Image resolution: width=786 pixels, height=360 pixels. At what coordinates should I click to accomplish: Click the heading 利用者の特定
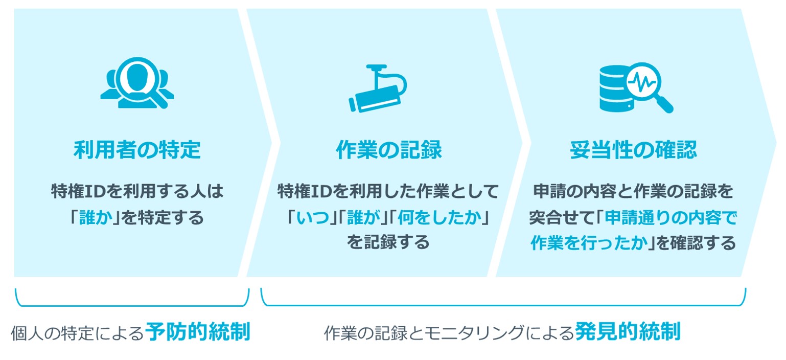point(137,150)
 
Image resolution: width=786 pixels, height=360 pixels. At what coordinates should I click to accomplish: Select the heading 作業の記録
point(389,150)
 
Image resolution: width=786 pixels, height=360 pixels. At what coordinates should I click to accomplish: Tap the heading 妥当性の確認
point(633,150)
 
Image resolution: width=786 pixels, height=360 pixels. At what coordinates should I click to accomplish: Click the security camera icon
point(378,88)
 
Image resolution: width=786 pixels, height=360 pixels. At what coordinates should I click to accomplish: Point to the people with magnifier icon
point(137,83)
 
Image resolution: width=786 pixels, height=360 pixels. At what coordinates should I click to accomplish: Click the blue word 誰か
point(96,218)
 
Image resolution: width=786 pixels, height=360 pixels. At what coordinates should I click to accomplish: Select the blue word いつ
point(313,218)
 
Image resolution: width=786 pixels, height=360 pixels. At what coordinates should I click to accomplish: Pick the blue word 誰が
point(363,218)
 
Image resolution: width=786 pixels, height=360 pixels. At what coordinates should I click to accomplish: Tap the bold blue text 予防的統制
point(198,331)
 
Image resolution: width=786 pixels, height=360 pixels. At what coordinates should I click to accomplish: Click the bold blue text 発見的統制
point(628,331)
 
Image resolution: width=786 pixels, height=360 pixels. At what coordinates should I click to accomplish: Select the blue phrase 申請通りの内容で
point(671,218)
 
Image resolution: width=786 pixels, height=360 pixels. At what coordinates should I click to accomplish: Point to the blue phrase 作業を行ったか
point(589,243)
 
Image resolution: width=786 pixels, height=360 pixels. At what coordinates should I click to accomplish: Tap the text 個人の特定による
point(78,333)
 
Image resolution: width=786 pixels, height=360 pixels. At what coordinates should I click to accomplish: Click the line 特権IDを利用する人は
point(137,191)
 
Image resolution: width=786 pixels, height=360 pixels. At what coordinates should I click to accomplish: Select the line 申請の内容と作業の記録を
point(633,191)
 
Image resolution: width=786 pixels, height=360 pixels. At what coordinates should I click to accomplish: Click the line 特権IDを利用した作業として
point(388,191)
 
